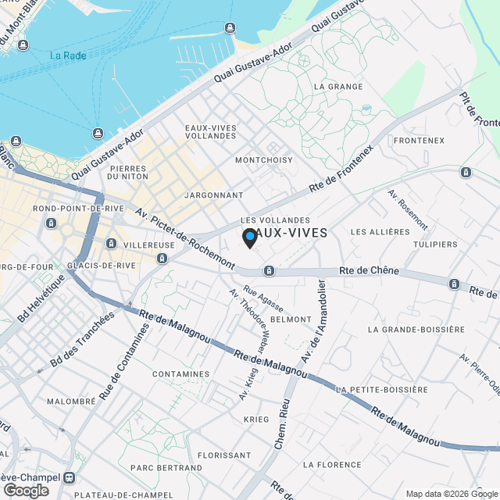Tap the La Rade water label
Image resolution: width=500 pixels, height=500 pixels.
click(68, 55)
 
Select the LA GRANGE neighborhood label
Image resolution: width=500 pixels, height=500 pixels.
click(337, 86)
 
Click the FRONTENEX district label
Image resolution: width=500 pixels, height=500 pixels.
click(419, 141)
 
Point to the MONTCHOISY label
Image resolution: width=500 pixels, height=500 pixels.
click(264, 160)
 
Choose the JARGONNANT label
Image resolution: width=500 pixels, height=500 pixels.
click(213, 195)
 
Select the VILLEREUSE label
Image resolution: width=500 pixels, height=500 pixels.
click(148, 245)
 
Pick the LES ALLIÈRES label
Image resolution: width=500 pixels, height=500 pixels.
click(380, 232)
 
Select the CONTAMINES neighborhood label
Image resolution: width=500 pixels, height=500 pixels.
click(181, 374)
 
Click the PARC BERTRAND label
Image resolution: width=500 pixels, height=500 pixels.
click(166, 468)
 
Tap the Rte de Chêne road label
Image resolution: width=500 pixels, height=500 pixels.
click(369, 271)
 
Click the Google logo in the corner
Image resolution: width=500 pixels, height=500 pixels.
click(25, 490)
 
